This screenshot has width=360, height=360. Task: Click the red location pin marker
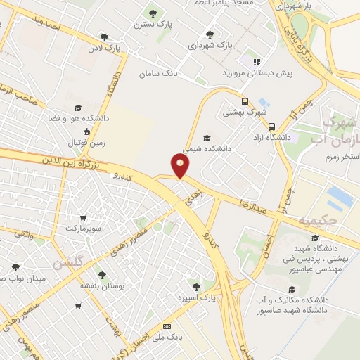pyautogui.click(x=181, y=166)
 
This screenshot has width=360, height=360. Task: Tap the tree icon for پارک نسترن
pyautogui.click(x=153, y=13)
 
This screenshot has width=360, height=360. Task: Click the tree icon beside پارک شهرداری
pyautogui.click(x=210, y=34)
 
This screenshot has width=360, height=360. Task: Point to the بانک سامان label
pyautogui.click(x=160, y=73)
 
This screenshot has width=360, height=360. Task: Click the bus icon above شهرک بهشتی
pyautogui.click(x=245, y=100)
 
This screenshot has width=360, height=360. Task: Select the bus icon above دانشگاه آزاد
pyautogui.click(x=272, y=127)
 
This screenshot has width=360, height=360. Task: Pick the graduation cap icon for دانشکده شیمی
pyautogui.click(x=206, y=138)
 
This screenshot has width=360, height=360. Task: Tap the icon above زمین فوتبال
pyautogui.click(x=86, y=132)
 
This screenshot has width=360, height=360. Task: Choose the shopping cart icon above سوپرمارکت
pyautogui.click(x=84, y=218)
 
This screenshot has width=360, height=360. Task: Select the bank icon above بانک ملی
pyautogui.click(x=167, y=327)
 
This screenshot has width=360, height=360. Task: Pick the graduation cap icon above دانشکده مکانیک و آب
pyautogui.click(x=291, y=289)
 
